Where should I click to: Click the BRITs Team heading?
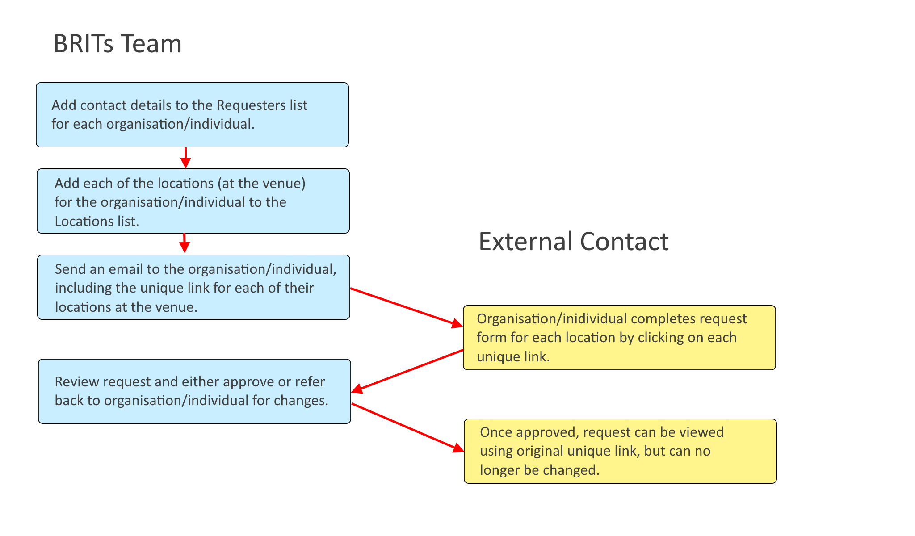tap(118, 44)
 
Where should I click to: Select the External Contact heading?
tap(573, 242)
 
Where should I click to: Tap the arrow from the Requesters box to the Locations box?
tap(185, 158)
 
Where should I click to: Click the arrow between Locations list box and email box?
tap(184, 243)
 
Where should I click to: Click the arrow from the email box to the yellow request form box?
tap(407, 307)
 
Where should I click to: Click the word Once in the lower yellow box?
tap(494, 432)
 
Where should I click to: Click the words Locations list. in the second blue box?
tap(97, 222)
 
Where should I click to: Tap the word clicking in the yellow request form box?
tap(660, 338)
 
